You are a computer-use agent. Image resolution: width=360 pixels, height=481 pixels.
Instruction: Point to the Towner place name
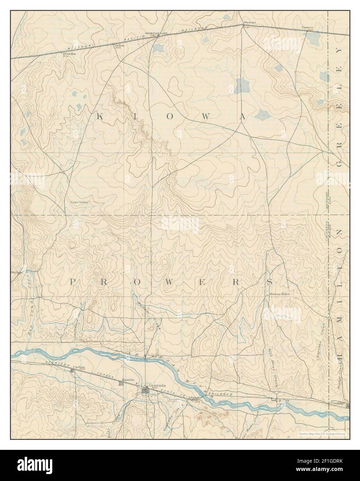(307, 27)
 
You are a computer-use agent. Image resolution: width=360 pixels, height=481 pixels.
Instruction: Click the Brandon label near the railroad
(69, 54)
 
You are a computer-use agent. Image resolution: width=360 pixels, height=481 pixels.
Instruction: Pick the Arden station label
(119, 45)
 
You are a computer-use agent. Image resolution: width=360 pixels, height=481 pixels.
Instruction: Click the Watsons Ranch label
(279, 294)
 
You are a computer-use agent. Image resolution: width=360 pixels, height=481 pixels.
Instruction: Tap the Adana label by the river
(193, 398)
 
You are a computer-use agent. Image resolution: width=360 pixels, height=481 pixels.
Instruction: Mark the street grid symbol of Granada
(145, 391)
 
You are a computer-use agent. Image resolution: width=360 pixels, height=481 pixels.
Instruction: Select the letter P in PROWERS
(73, 282)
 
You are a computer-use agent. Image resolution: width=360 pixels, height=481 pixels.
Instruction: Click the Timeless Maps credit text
(323, 433)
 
